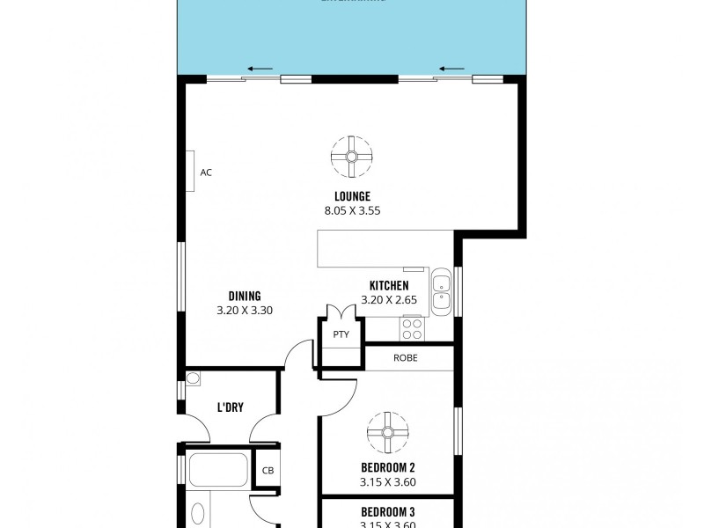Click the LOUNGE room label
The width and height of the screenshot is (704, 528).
click(x=351, y=195)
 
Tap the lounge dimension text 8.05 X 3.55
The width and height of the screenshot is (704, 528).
click(x=351, y=210)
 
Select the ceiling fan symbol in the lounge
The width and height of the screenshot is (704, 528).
click(x=351, y=157)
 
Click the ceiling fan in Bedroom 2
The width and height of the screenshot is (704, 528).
click(x=387, y=431)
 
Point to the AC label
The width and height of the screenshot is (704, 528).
click(x=206, y=172)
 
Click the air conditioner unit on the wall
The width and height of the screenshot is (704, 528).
click(x=189, y=171)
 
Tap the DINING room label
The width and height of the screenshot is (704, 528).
click(x=245, y=296)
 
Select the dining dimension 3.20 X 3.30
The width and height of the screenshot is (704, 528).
click(x=245, y=311)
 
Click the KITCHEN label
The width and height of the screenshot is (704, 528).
click(x=388, y=286)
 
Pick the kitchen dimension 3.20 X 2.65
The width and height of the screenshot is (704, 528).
click(x=388, y=301)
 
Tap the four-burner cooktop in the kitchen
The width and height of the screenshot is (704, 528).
click(x=412, y=328)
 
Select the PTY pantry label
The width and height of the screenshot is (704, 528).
click(x=341, y=334)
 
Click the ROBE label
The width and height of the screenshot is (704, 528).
click(x=406, y=358)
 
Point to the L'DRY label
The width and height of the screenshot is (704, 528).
click(x=231, y=407)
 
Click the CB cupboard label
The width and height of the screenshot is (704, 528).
click(x=268, y=470)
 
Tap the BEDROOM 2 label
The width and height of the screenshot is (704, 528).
click(x=387, y=467)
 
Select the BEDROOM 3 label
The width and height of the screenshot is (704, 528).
click(x=387, y=512)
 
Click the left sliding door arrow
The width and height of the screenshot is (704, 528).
click(x=260, y=69)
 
